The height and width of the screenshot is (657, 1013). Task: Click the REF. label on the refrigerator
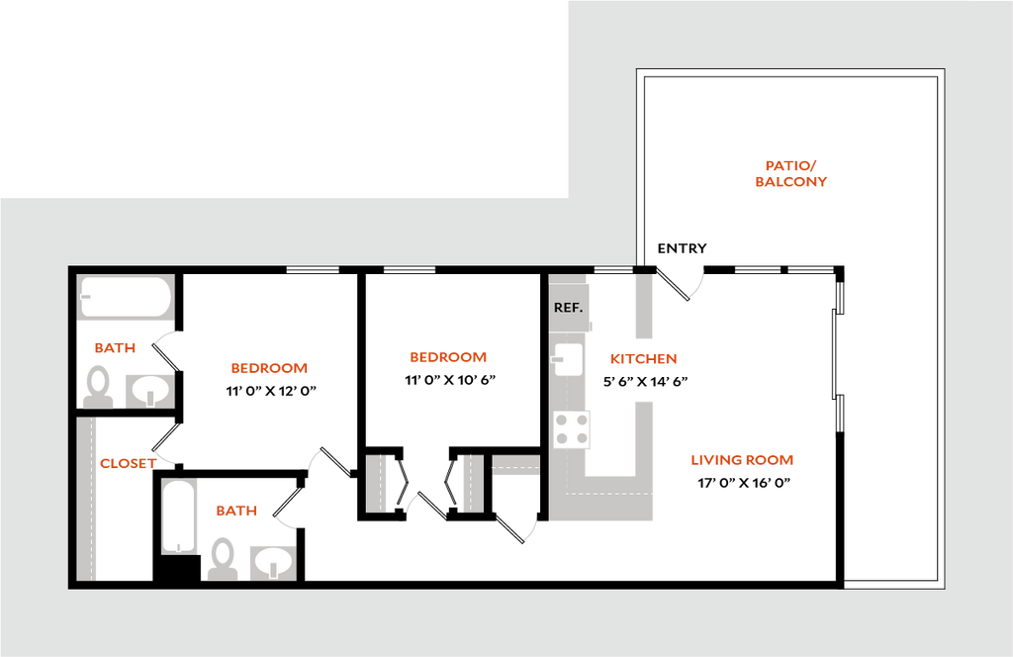(x=569, y=308)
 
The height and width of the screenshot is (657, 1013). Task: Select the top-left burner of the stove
(x=562, y=420)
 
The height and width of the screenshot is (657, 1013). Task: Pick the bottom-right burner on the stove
(x=582, y=439)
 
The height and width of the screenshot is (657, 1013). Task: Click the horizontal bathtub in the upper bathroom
(x=126, y=297)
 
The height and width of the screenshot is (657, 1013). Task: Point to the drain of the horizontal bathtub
(x=86, y=296)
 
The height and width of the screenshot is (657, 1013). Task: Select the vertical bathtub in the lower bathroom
(x=180, y=516)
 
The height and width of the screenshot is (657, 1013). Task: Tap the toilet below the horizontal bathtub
(x=97, y=386)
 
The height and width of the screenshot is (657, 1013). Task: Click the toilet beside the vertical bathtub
(x=223, y=557)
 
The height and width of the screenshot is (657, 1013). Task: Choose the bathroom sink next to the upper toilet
(x=148, y=391)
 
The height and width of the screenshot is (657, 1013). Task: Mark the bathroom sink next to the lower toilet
(x=272, y=562)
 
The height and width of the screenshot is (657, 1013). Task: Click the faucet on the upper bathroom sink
(x=149, y=398)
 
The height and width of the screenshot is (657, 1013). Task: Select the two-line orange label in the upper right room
(x=791, y=174)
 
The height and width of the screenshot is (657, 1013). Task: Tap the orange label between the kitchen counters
(x=643, y=359)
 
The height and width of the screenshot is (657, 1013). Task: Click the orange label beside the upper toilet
(x=115, y=347)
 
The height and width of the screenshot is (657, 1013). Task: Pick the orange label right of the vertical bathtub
(x=236, y=511)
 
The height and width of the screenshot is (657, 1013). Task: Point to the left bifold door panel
(x=377, y=483)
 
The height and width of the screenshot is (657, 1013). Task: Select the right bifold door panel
(x=473, y=483)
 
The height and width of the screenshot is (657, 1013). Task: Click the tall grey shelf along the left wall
(x=87, y=499)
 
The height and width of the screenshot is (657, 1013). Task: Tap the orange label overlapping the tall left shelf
(x=129, y=463)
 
